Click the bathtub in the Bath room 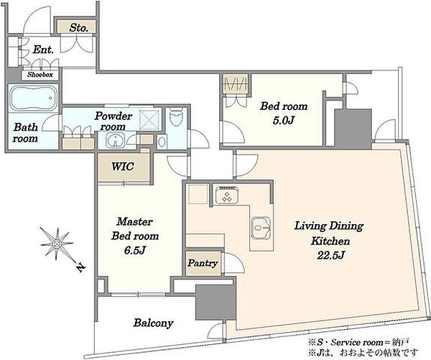pos(34,98)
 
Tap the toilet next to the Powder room pos(176,117)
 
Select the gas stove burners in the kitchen pos(227,195)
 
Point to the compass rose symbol pos(57,244)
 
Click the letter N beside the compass pos(80,267)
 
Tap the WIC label pos(123,167)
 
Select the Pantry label pos(203,263)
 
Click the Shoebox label pos(40,75)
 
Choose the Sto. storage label pos(78,27)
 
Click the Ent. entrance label pos(43,50)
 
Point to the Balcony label pos(154,323)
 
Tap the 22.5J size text pos(330,256)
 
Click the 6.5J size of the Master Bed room pos(134,250)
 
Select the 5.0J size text pos(284,121)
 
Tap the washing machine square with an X pos(149,120)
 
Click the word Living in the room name pos(310,226)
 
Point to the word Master pos(134,221)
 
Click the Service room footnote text pos(359,343)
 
